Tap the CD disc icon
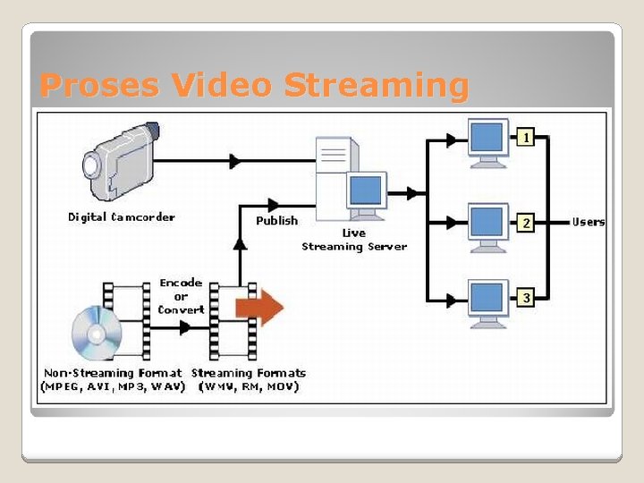[97, 332]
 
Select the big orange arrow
[259, 308]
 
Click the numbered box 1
[528, 139]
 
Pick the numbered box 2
[528, 222]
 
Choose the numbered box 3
[528, 297]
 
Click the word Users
[589, 222]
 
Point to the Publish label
[276, 221]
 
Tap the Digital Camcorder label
[122, 216]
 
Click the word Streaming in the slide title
[376, 86]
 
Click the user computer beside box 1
[488, 143]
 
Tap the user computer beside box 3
[488, 301]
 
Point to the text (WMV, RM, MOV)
[249, 387]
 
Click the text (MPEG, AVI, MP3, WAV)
[114, 387]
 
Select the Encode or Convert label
[181, 296]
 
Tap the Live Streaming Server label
[354, 240]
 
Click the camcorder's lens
[91, 165]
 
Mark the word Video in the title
[225, 86]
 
